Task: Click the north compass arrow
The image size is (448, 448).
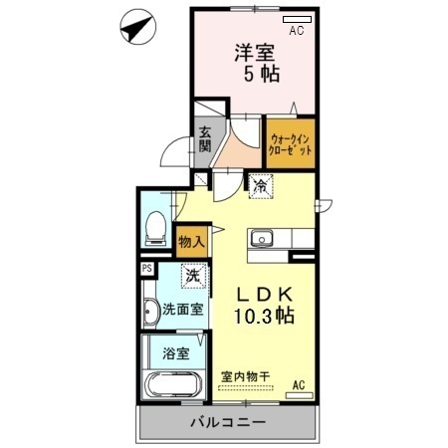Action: [x=134, y=27]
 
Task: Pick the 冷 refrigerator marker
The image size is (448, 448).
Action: [x=260, y=184]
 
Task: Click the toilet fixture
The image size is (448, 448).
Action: [x=153, y=230]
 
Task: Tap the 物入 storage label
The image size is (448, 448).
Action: [x=191, y=239]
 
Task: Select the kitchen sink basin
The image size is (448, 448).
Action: [x=263, y=238]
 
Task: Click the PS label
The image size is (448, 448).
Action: [x=146, y=268]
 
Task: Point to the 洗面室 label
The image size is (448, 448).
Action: [x=184, y=309]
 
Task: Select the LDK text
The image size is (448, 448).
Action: [x=263, y=295]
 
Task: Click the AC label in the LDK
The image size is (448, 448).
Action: [x=298, y=385]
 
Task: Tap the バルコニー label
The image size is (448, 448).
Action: [x=228, y=423]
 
